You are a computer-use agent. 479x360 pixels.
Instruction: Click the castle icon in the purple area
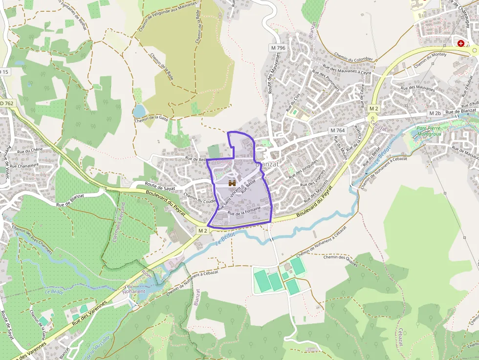tap(232, 183)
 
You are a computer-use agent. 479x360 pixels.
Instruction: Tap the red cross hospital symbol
tap(461, 43)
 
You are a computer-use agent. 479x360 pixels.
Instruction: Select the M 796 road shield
tap(278, 48)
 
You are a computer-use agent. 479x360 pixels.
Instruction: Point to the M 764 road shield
tap(337, 130)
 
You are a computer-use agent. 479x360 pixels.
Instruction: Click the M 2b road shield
tap(435, 113)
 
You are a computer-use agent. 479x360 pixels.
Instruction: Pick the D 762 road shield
tap(6, 103)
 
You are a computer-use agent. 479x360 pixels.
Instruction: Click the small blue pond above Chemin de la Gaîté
tap(139, 111)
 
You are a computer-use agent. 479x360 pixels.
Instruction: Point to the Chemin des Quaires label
tap(341, 261)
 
